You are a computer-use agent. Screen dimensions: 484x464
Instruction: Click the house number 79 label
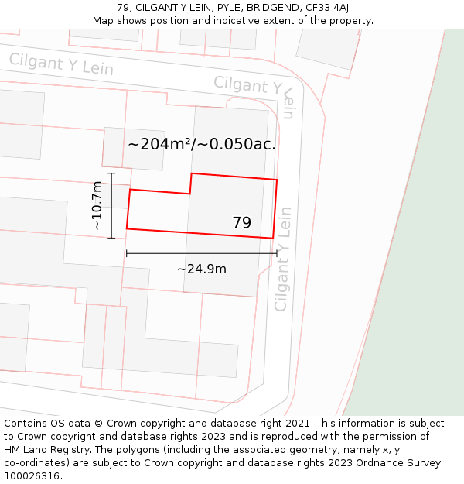[x=241, y=223]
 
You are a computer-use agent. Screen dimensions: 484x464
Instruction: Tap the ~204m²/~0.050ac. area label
[x=202, y=144]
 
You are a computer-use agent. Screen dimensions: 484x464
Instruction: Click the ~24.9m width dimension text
[x=202, y=269]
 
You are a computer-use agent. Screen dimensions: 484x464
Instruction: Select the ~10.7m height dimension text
[x=97, y=205]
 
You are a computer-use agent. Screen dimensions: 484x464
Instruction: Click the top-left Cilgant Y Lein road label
[x=61, y=64]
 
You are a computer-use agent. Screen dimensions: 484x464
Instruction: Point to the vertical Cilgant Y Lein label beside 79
[x=282, y=259]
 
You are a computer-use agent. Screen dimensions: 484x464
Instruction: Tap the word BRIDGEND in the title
[x=274, y=8]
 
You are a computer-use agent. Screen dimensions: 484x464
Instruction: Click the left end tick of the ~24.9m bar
[x=126, y=253]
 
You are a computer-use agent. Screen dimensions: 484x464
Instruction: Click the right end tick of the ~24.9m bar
[x=277, y=253]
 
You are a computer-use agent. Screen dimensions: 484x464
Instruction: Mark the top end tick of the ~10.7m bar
[x=111, y=173]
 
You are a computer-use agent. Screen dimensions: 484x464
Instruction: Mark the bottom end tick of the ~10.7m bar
[x=111, y=238]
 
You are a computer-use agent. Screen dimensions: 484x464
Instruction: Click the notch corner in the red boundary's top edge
[x=190, y=194]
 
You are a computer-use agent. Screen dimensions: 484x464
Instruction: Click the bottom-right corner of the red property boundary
[x=273, y=238]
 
